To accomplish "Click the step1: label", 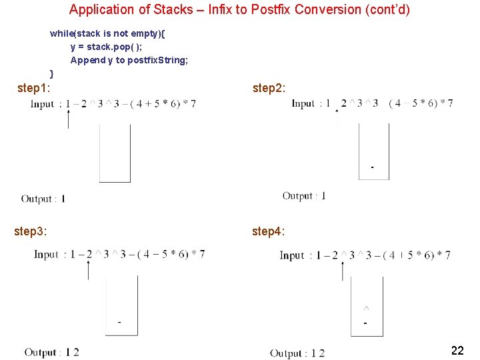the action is [34, 87].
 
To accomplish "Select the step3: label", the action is [31, 231].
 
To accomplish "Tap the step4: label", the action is [269, 231].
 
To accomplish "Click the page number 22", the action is [457, 351].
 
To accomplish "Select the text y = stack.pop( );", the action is [106, 47].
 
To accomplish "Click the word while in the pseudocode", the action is [61, 33].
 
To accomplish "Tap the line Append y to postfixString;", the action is [129, 60].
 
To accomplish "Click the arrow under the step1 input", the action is [68, 118].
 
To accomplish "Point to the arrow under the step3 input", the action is [89, 269].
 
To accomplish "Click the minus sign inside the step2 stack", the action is [372, 167].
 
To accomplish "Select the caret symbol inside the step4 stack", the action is [366, 309].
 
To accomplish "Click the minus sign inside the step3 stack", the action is [119, 322].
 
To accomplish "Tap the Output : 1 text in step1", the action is [43, 199].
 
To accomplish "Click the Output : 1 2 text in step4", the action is [297, 353].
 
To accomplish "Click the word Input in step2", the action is [303, 103].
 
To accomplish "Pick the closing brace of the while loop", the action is [52, 73].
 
